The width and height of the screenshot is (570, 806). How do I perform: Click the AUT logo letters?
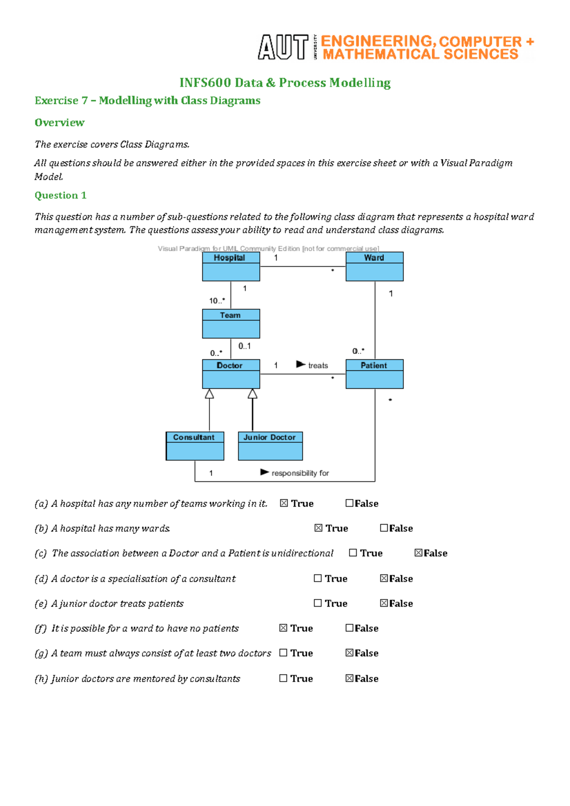tap(283, 47)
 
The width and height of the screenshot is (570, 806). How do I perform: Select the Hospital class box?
tap(231, 266)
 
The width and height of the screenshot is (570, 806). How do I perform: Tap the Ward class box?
tap(374, 266)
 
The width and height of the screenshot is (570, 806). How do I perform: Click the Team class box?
tap(231, 324)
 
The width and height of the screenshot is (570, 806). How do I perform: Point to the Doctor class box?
tap(231, 374)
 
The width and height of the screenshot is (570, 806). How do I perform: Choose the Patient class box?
tap(374, 374)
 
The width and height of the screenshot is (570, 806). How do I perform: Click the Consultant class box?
tap(195, 446)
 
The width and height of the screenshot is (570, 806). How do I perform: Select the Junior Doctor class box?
tap(270, 446)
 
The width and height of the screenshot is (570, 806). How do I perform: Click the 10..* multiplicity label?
tap(217, 300)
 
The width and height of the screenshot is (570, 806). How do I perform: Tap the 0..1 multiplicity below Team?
tap(245, 346)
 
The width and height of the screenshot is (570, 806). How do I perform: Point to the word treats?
tap(318, 366)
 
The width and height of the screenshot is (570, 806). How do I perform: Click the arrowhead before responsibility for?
tap(265, 472)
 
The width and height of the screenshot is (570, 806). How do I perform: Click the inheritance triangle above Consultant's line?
tap(209, 394)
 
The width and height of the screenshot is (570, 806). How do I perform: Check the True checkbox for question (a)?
tap(284, 503)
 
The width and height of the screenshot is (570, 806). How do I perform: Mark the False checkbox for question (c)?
tap(418, 553)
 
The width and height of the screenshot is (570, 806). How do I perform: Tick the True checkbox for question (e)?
tap(318, 603)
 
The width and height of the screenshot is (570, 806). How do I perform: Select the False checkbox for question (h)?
tap(350, 678)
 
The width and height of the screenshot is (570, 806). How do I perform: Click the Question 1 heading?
tap(60, 196)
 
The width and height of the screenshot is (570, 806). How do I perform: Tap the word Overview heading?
tap(59, 122)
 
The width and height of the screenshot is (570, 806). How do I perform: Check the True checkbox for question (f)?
tap(284, 628)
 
